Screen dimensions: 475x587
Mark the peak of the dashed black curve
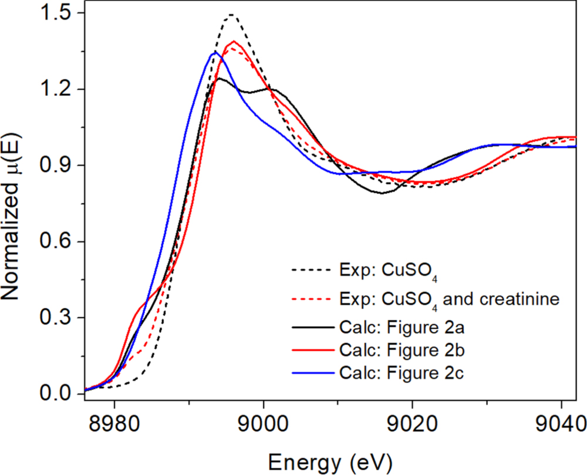click(x=231, y=14)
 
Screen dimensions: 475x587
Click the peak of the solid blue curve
click(x=215, y=52)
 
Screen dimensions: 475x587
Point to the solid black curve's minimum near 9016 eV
click(x=383, y=193)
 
